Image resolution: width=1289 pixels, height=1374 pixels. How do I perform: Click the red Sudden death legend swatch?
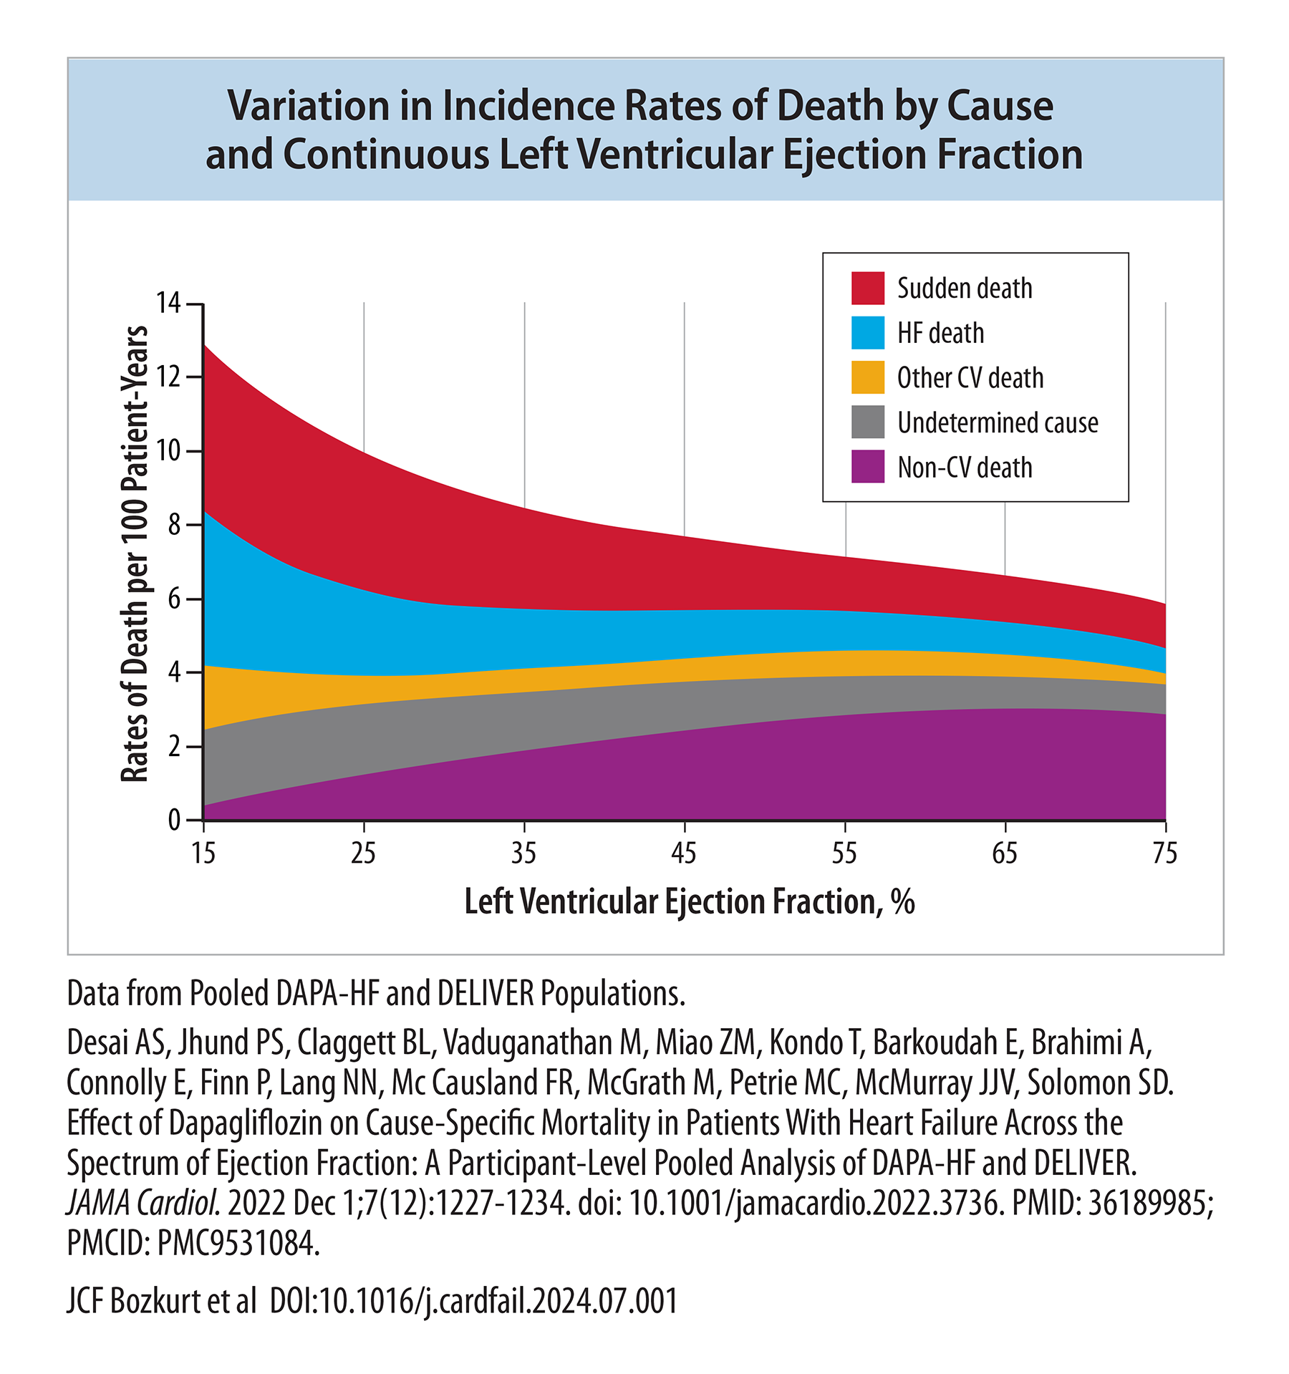coord(867,288)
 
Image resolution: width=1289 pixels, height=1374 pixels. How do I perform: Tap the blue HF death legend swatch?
coord(867,333)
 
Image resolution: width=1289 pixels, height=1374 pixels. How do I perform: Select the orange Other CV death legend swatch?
coord(867,377)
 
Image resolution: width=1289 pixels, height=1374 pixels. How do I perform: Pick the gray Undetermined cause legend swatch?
coord(867,422)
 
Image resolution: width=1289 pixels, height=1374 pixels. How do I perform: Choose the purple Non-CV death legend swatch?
coord(867,467)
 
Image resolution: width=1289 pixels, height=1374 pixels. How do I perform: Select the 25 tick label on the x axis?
coord(364,853)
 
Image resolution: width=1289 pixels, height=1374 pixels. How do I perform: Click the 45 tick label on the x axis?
coord(684,853)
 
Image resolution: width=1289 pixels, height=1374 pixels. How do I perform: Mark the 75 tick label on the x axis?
coord(1165,853)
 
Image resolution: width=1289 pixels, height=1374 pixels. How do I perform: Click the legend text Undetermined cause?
coord(998,422)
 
